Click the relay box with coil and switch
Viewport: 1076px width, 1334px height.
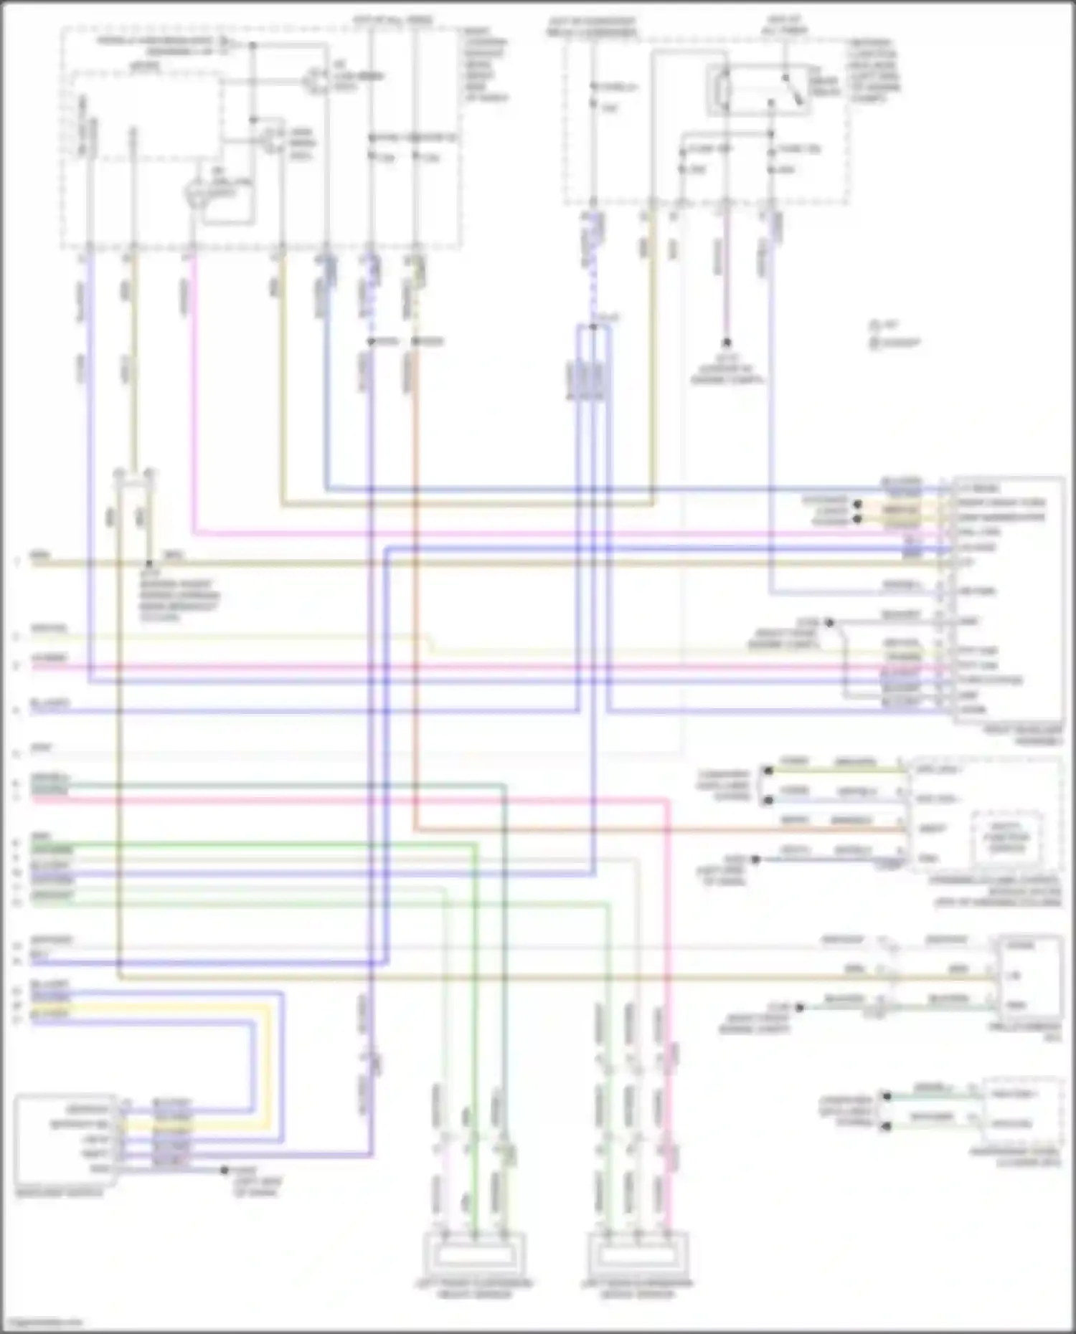coord(758,90)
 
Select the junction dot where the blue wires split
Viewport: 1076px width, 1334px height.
coord(593,327)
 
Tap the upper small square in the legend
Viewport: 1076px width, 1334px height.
coord(874,325)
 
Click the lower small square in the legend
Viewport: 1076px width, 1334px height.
coord(874,343)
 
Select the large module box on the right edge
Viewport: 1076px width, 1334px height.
coord(1007,599)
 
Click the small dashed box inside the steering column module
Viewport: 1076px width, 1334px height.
coord(1007,836)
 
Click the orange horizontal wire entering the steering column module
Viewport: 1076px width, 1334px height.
coord(646,830)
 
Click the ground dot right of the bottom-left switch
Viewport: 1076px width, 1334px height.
coord(225,1170)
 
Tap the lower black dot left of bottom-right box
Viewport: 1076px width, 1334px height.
coord(887,1128)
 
